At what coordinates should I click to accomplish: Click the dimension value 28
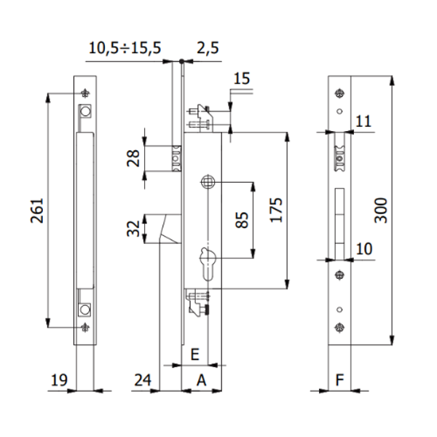pos(134,159)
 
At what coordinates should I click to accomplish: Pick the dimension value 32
pos(134,229)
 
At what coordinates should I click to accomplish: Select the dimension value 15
pos(243,79)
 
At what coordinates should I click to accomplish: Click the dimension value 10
pos(364,249)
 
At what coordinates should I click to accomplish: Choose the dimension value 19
pos(59,379)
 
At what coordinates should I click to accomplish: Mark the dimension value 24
pos(143,379)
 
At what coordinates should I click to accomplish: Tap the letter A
pos(201,379)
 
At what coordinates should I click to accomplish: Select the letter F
pos(339,379)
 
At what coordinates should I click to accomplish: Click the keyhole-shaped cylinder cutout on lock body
pos(206,259)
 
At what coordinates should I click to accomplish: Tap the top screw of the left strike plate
pos(86,92)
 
